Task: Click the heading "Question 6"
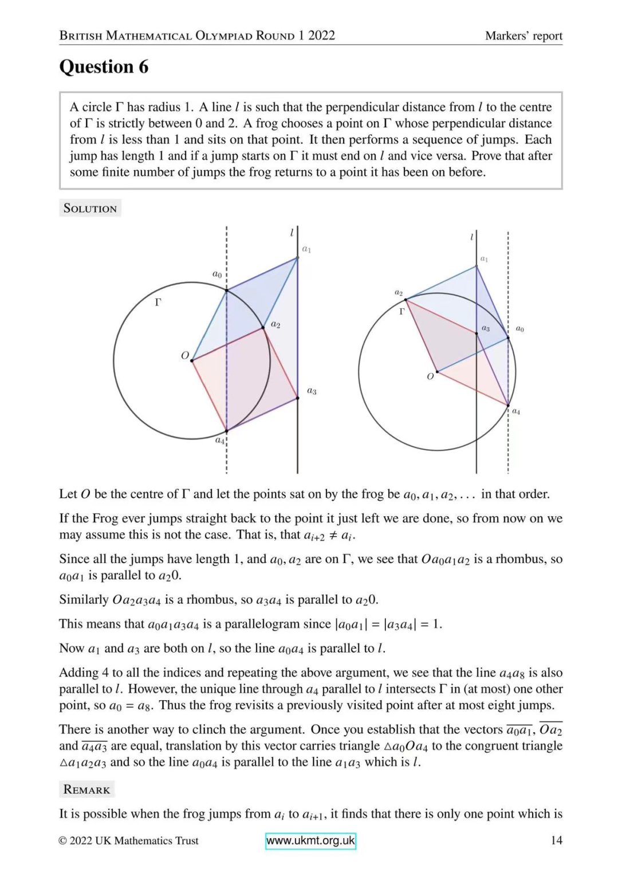pos(104,67)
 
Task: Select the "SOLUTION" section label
pos(90,209)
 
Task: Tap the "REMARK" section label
pos(86,789)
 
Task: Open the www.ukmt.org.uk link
pos(310,840)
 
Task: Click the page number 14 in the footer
pos(556,840)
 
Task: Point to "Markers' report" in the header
pos(523,36)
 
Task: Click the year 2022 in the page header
pos(321,36)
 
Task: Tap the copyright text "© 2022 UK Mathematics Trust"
pos(129,840)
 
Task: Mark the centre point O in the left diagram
pos(192,360)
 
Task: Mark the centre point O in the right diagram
pos(438,372)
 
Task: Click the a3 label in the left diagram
pos(312,391)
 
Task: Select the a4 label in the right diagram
pos(516,411)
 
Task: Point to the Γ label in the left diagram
pos(158,302)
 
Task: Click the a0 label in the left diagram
pos(217,274)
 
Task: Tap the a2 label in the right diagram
pos(399,292)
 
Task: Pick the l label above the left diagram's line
pos(292,233)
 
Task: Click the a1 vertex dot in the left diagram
pos(297,257)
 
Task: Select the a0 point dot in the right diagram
pos(508,338)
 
